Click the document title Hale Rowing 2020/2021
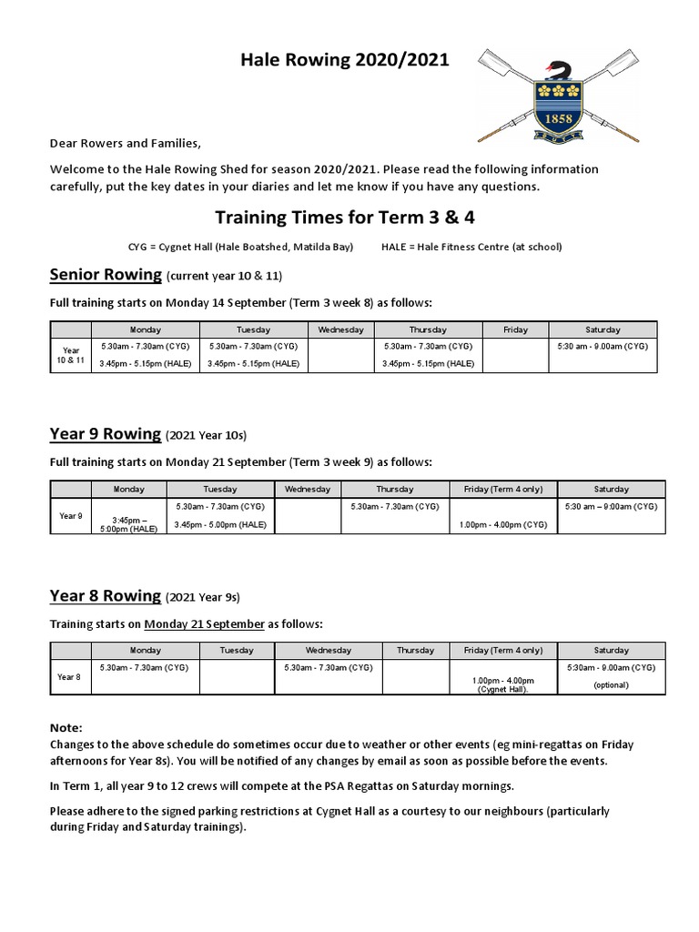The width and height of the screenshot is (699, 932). (x=344, y=60)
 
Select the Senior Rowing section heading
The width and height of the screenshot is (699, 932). (x=106, y=275)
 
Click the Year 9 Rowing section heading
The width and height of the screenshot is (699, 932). (x=106, y=434)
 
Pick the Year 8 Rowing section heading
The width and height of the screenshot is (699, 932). (x=106, y=596)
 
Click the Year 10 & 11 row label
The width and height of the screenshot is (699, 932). (x=71, y=354)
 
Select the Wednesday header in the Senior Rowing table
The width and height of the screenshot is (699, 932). (x=341, y=329)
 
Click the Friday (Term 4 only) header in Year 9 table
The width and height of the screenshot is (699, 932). (x=503, y=489)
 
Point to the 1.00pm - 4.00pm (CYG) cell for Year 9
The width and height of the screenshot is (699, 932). (x=503, y=524)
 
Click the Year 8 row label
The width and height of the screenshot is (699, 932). (x=69, y=676)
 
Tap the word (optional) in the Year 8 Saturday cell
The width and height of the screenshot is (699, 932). (x=611, y=684)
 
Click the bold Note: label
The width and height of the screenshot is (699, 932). (x=66, y=728)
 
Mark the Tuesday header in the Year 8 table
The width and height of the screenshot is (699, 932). (x=237, y=650)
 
